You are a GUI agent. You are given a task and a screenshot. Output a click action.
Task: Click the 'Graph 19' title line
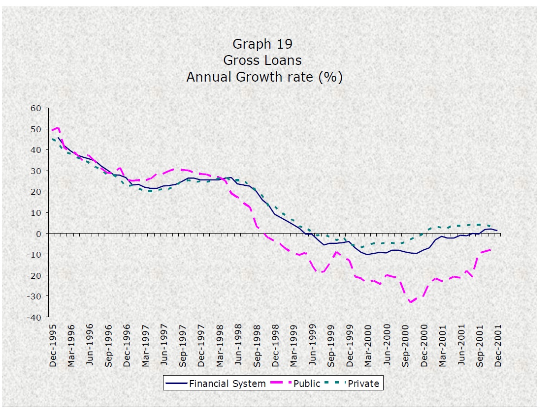click(262, 44)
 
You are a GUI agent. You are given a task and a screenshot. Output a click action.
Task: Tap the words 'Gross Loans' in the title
click(262, 60)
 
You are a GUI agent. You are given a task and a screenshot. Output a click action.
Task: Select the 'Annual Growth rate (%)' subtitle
click(264, 77)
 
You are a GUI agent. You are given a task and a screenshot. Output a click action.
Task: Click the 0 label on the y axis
click(40, 234)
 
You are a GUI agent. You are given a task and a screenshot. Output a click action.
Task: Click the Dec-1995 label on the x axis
click(53, 345)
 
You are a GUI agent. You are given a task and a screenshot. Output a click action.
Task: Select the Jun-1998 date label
click(239, 345)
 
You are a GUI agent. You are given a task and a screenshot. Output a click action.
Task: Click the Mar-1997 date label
click(146, 345)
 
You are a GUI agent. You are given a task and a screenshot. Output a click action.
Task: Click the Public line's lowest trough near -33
click(411, 302)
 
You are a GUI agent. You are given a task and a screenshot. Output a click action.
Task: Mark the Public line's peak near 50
click(58, 128)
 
